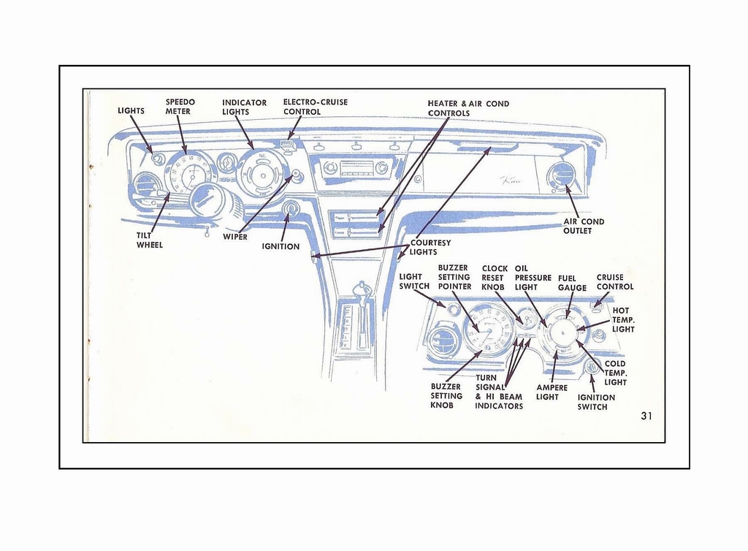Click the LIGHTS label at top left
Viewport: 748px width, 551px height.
tap(131, 111)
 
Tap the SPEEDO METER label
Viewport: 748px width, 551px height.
tap(180, 107)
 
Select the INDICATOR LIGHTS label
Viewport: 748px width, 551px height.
tap(244, 107)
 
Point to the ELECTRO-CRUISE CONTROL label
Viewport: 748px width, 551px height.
tap(316, 107)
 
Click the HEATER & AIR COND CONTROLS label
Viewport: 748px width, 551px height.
tap(468, 108)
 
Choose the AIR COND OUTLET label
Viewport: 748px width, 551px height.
tap(583, 227)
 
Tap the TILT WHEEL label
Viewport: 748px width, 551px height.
tap(150, 240)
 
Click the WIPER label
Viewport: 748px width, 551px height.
tap(235, 237)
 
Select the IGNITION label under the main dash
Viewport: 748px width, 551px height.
tap(280, 246)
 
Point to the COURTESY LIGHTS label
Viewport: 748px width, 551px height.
tap(430, 247)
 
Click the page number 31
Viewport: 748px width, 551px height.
tap(646, 416)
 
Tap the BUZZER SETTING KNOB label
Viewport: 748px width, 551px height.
tap(446, 396)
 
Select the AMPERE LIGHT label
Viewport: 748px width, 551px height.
tap(552, 392)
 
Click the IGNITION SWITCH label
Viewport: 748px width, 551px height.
tap(596, 402)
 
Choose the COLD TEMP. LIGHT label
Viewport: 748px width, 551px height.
tap(615, 373)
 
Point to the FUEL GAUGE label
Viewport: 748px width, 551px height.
tap(572, 283)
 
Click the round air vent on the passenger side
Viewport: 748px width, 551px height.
tap(563, 175)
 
